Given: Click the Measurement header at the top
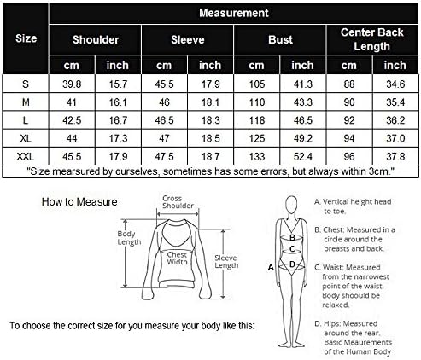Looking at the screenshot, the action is (234, 13).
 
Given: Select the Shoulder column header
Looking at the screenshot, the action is (96, 39).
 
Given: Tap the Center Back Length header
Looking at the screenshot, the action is (372, 39).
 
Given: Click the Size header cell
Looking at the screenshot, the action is (26, 38).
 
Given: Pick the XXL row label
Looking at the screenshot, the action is (26, 156).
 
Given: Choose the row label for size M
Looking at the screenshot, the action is (26, 102).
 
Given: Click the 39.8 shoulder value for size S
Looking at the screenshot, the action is (72, 84).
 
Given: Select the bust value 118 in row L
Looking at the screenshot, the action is (257, 120).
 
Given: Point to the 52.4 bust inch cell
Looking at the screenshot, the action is (303, 156).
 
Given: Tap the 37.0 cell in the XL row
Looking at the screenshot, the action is (395, 138).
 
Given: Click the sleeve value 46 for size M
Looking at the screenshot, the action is (164, 102).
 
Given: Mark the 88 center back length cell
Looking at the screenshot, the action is (349, 84).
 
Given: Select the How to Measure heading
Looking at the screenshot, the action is (79, 202).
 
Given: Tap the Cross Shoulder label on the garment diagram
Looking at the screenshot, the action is (178, 202).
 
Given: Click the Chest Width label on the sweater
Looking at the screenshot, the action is (177, 258).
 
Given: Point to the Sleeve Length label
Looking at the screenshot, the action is (226, 262).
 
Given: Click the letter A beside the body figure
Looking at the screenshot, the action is (271, 267).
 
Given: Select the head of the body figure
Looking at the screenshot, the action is (291, 205).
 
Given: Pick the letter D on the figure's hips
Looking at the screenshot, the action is (292, 264).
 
